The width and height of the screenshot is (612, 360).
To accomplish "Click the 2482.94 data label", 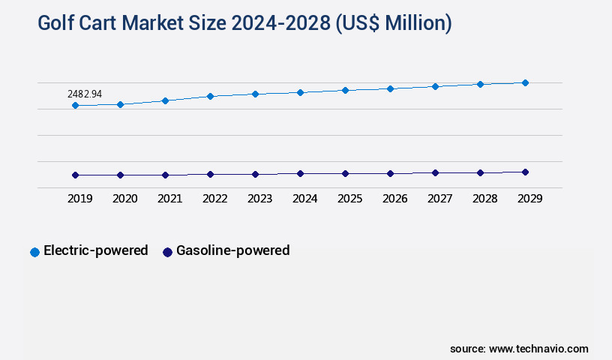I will [85, 94].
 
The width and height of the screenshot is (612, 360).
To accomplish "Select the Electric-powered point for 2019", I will [75, 106].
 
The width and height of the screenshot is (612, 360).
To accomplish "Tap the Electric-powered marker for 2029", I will [525, 82].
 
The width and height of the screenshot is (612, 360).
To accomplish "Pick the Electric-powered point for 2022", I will [210, 96].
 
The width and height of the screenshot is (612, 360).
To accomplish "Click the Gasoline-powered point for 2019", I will [75, 175].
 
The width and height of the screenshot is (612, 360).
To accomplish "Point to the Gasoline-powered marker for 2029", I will [525, 172].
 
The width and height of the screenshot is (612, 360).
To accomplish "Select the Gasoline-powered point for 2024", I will [300, 173].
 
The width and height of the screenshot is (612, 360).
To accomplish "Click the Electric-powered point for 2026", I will [390, 88].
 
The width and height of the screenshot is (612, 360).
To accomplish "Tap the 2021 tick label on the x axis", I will [169, 199].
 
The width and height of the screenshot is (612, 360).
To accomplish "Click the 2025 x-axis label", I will [349, 199].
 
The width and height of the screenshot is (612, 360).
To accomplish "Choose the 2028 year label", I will [484, 199].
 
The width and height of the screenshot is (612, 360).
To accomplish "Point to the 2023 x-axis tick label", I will [259, 199].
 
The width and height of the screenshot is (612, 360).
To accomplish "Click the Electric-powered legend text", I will [96, 250].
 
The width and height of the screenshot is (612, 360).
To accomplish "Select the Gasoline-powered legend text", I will [232, 250].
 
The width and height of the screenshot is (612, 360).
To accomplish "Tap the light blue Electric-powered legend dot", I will [34, 252].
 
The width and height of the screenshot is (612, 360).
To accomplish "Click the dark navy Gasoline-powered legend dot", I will [167, 252].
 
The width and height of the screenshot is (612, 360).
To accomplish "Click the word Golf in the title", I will [56, 23].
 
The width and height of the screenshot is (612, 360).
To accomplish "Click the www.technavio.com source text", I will [538, 349].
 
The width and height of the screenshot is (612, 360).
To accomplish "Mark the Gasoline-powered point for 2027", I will [435, 172].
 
